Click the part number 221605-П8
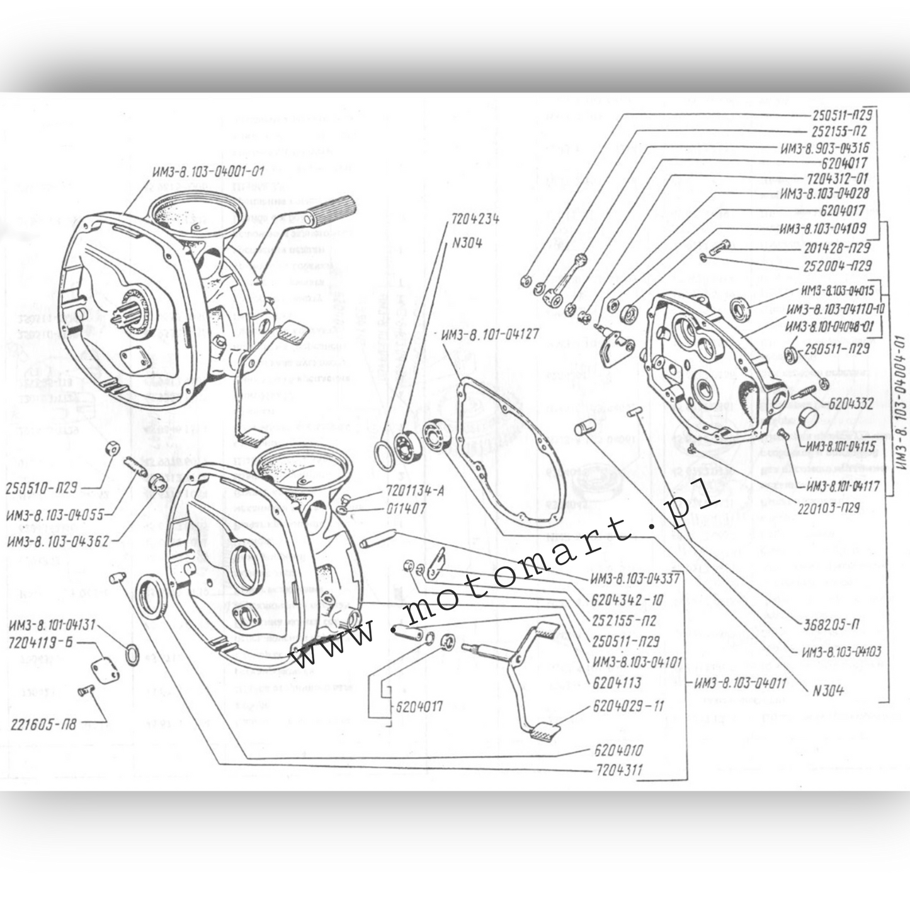43,725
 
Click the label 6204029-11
628,707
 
